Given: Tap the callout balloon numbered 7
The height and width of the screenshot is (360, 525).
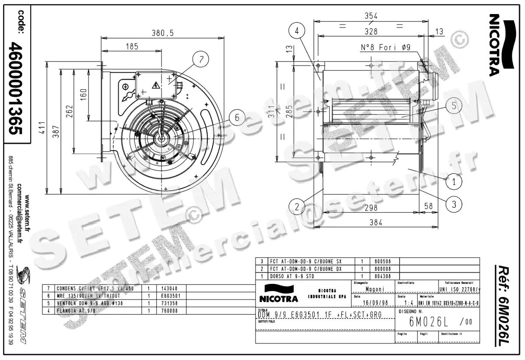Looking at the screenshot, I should pos(201,60).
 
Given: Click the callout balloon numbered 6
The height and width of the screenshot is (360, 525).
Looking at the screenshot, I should pos(237,118).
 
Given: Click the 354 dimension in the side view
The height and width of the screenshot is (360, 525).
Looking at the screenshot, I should pos(371,16).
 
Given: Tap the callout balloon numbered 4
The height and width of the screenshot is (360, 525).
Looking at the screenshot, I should pos(297,31).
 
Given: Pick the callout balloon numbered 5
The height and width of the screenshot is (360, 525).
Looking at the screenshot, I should pos(454,105).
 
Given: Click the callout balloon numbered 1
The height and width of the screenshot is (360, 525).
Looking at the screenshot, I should pos(454,180).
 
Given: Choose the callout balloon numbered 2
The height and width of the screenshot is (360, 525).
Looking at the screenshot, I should pos(297,206).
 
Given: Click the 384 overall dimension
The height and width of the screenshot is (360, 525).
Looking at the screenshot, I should pos(375,223).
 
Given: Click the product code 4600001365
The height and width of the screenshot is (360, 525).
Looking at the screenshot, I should pos(16,87).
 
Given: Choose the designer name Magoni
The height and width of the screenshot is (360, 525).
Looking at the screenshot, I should pos(374,289).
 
